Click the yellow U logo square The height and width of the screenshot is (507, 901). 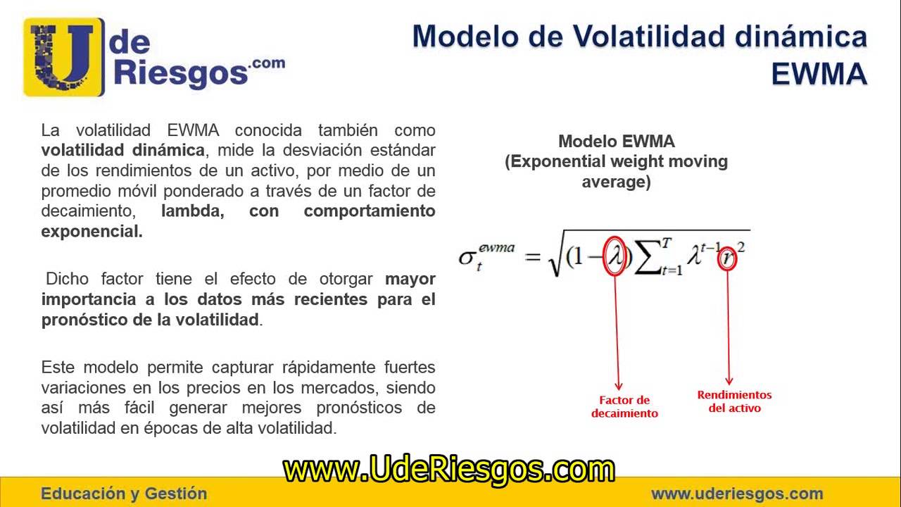tap(63, 56)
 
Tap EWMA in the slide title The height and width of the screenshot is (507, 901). tap(819, 73)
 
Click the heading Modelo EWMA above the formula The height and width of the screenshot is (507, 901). tap(616, 142)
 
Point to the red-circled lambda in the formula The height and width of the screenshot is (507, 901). tap(615, 256)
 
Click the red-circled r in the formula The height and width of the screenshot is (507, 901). tap(729, 259)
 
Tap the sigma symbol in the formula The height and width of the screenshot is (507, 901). tap(467, 257)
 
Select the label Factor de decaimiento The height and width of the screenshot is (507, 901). tap(624, 407)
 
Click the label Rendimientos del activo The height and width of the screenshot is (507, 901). tap(734, 401)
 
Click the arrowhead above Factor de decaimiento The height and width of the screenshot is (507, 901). tap(619, 385)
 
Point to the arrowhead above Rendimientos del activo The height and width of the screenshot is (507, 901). tap(729, 380)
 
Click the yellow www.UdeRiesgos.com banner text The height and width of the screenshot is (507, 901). tap(449, 469)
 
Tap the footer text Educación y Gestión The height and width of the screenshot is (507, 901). tap(124, 494)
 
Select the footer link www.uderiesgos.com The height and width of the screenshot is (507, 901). tap(736, 494)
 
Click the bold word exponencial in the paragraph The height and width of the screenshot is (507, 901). tap(92, 231)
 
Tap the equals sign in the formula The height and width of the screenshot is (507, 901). tap(532, 256)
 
